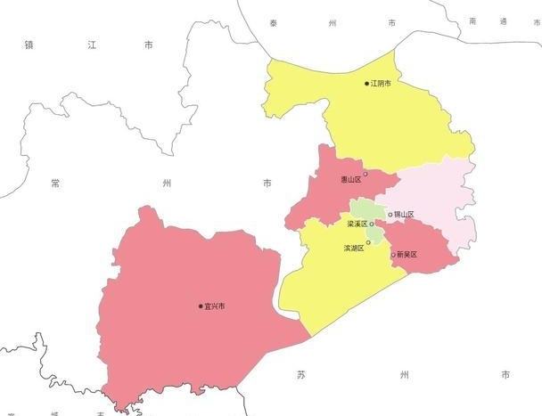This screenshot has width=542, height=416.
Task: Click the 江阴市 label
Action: pyautogui.click(x=381, y=84)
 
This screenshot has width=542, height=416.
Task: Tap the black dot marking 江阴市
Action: pyautogui.click(x=366, y=84)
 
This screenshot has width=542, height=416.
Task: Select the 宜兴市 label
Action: pyautogui.click(x=215, y=306)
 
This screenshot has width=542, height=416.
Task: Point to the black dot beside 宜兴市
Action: pyautogui.click(x=201, y=306)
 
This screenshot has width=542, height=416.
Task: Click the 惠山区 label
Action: pyautogui.click(x=351, y=179)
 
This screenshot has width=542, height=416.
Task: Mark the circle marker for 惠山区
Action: pyautogui.click(x=365, y=174)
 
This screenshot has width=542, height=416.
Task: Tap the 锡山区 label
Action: pyautogui.click(x=405, y=215)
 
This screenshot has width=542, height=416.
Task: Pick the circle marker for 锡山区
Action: pyautogui.click(x=390, y=215)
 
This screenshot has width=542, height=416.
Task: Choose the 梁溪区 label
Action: pyautogui.click(x=357, y=224)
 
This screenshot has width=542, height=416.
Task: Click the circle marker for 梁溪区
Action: pyautogui.click(x=372, y=224)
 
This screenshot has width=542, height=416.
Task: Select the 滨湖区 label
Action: pyautogui.click(x=354, y=248)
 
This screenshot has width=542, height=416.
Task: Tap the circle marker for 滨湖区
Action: pyautogui.click(x=368, y=241)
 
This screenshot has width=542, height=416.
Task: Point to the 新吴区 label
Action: pyautogui.click(x=407, y=256)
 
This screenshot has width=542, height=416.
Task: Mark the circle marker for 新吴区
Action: pyautogui.click(x=393, y=256)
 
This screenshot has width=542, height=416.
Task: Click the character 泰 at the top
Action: pyautogui.click(x=273, y=21)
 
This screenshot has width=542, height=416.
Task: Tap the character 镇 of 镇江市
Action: pyautogui.click(x=29, y=44)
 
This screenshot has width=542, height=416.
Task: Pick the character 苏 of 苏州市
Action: pyautogui.click(x=301, y=375)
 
